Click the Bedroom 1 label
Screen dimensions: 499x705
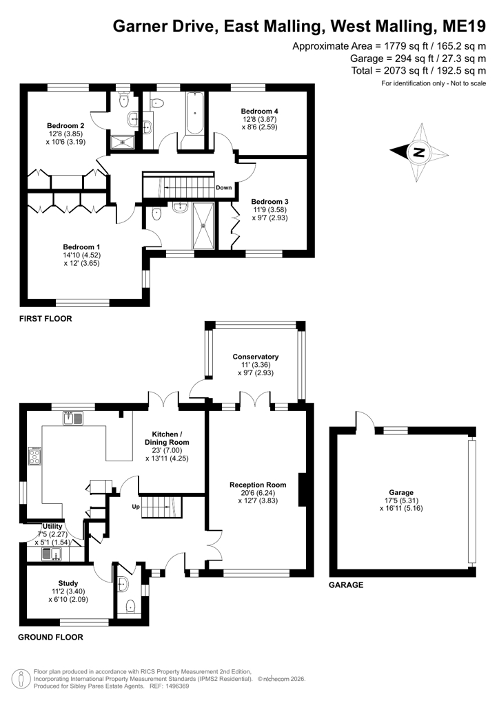pyautogui.click(x=81, y=247)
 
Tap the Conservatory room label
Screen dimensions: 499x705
pyautogui.click(x=256, y=357)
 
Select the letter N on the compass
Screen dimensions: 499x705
pyautogui.click(x=419, y=152)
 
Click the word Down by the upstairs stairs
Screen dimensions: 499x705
pyautogui.click(x=223, y=187)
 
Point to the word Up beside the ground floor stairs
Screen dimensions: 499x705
pyautogui.click(x=136, y=507)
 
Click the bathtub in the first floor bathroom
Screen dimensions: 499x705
pyautogui.click(x=195, y=113)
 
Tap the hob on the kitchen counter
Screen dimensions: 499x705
pyautogui.click(x=35, y=456)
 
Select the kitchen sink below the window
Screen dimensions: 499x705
pyautogui.click(x=73, y=418)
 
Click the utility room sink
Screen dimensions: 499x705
pyautogui.click(x=52, y=554)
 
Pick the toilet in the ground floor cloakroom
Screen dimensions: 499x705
pyautogui.click(x=130, y=606)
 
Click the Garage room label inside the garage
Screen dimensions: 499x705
pyautogui.click(x=401, y=492)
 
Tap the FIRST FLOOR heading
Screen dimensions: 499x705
pyautogui.click(x=45, y=319)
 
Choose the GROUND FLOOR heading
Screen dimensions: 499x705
pyautogui.click(x=50, y=637)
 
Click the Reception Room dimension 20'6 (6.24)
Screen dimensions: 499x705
pyautogui.click(x=258, y=492)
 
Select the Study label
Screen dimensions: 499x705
pyautogui.click(x=68, y=584)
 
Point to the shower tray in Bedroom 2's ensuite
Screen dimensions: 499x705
pyautogui.click(x=123, y=143)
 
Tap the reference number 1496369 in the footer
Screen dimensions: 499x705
pyautogui.click(x=177, y=686)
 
